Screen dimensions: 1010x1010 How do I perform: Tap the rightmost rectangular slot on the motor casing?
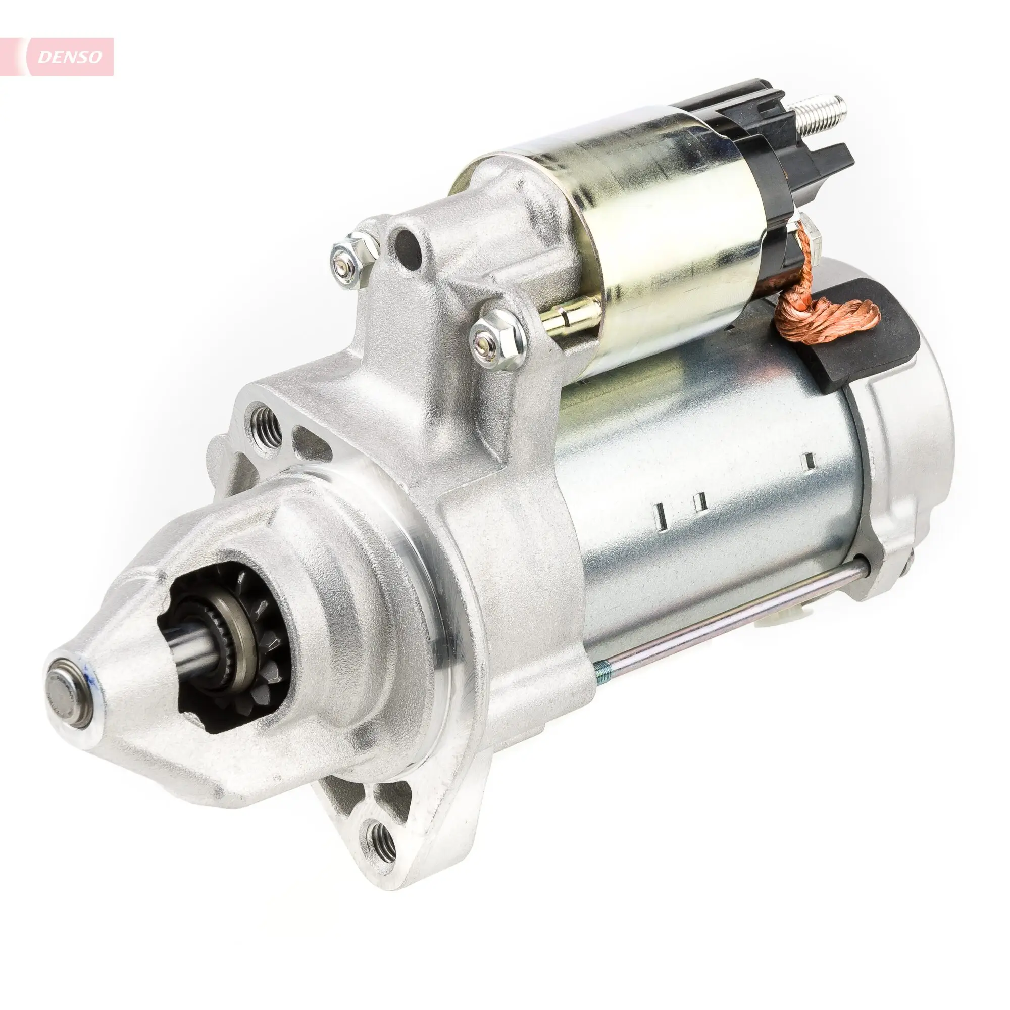click(x=809, y=460)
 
